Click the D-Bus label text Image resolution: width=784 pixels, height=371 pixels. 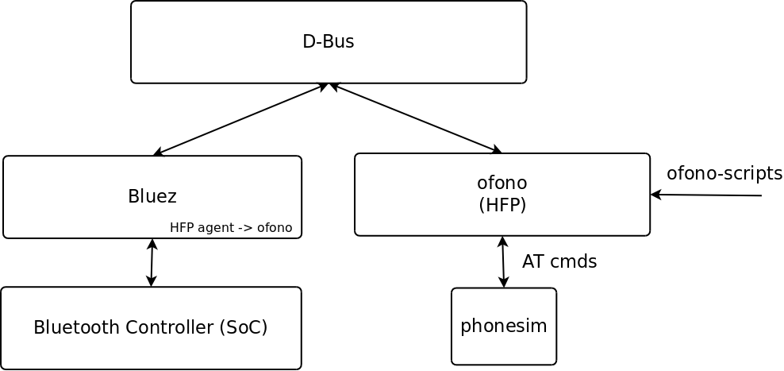328,42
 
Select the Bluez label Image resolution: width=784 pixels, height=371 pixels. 152,196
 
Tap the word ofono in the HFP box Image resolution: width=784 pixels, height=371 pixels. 502,183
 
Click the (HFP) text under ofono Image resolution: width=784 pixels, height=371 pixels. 502,205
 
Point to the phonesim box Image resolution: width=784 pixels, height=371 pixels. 504,327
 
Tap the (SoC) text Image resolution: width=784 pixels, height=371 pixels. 242,327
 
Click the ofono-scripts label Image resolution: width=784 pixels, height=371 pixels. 724,173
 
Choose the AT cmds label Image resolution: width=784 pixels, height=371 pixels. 559,261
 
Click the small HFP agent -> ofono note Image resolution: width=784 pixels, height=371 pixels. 231,228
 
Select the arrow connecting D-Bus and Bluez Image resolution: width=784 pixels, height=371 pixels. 240,119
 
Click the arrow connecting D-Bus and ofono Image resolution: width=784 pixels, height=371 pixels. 416,118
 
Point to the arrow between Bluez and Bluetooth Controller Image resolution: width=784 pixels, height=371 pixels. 152,263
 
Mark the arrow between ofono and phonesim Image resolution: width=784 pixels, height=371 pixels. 503,262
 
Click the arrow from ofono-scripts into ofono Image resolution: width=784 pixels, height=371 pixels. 706,195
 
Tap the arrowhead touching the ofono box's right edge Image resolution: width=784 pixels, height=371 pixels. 655,195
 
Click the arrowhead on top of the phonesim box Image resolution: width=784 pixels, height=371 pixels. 504,283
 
